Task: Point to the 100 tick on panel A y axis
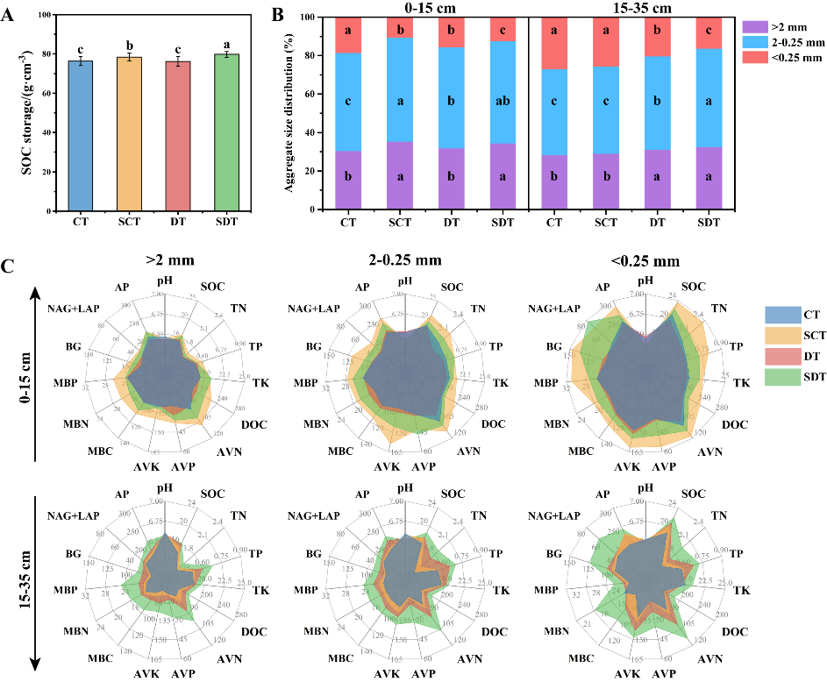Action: pos(45,17)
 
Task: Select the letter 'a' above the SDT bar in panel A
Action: pos(227,42)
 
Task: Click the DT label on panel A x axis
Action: pos(178,224)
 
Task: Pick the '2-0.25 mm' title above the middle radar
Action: pos(405,259)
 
